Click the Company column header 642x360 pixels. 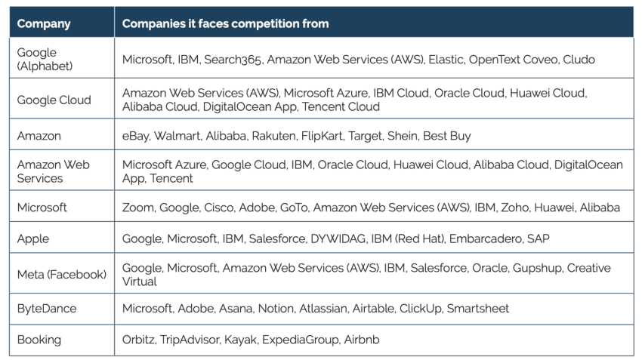(x=44, y=23)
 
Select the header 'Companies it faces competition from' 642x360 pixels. (x=225, y=23)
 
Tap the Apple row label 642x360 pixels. (x=33, y=238)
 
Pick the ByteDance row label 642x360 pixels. (x=47, y=309)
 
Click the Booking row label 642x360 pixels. (x=39, y=340)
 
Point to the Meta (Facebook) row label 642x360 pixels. (x=62, y=275)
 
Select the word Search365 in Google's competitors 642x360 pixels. (x=233, y=60)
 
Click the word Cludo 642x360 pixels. (x=579, y=60)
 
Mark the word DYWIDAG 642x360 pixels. (x=338, y=238)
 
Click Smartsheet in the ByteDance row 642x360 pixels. (x=478, y=309)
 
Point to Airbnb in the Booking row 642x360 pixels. (x=362, y=340)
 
